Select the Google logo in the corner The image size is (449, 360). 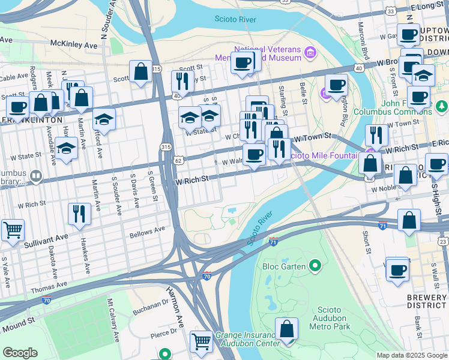(x=20, y=353)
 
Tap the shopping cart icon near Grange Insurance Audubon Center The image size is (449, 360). (x=201, y=341)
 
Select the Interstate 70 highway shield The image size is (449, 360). (x=207, y=276)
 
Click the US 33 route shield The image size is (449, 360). (x=391, y=11)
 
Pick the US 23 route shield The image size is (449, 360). (x=443, y=241)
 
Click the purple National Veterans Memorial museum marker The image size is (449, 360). (x=310, y=53)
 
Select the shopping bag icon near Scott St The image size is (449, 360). (x=140, y=72)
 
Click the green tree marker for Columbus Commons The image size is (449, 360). (x=442, y=106)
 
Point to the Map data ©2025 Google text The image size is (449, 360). (x=411, y=355)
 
